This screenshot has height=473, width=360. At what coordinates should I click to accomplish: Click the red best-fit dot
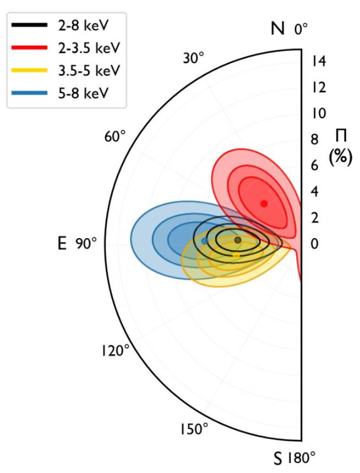coord(264,204)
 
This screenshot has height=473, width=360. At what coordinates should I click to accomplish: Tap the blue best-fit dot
coord(205,241)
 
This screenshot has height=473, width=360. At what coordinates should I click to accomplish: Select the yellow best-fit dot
coord(236,255)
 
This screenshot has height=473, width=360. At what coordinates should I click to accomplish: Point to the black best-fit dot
coord(238,240)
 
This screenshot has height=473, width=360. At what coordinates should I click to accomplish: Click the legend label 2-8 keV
coord(83,26)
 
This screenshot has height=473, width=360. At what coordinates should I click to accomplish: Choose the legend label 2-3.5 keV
coord(89,48)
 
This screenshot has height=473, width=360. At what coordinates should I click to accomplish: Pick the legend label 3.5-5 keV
coord(89,70)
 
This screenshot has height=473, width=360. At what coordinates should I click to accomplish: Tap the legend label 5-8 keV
coord(83,93)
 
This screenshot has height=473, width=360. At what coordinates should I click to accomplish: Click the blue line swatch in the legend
coord(29,93)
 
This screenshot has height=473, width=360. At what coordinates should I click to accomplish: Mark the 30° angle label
coord(194,58)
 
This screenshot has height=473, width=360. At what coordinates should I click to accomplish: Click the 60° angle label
coord(114,137)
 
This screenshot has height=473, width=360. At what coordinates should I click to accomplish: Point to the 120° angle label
coord(115,351)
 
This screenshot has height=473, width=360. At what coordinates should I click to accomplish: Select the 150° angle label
coord(194,429)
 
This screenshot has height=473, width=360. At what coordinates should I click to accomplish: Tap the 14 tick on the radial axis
coord(319,61)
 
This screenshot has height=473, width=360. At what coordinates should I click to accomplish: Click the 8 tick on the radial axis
coord(314,139)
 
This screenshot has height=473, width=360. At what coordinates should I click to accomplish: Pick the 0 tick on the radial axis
coord(314,244)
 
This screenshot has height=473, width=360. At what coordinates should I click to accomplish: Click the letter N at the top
coord(278,29)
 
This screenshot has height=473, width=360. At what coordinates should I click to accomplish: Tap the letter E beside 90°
coord(62,244)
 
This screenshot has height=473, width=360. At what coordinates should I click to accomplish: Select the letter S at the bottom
coord(277,459)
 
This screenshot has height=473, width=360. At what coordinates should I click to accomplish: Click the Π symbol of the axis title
coord(341,136)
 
